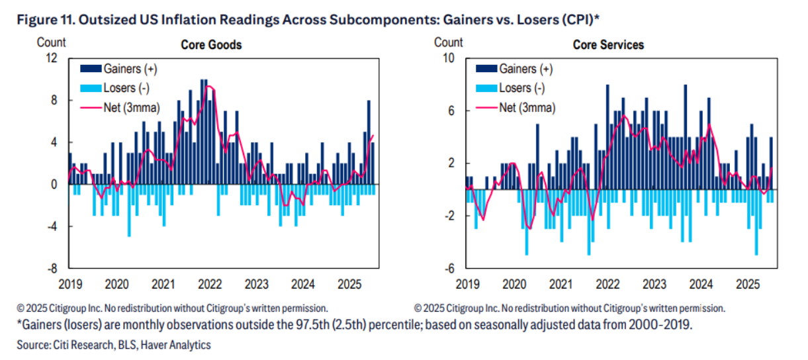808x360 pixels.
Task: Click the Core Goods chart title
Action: (211, 46)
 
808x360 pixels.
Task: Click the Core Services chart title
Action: (608, 46)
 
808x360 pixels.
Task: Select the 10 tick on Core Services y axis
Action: (448, 58)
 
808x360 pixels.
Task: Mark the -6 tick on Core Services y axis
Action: (448, 269)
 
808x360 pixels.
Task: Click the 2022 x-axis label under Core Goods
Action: (210, 285)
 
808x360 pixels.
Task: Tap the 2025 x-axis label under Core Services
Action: (746, 285)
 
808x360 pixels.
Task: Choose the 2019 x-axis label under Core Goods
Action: (69, 285)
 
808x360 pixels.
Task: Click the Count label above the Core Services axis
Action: (449, 42)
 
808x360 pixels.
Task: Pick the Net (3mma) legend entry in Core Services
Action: (527, 107)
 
